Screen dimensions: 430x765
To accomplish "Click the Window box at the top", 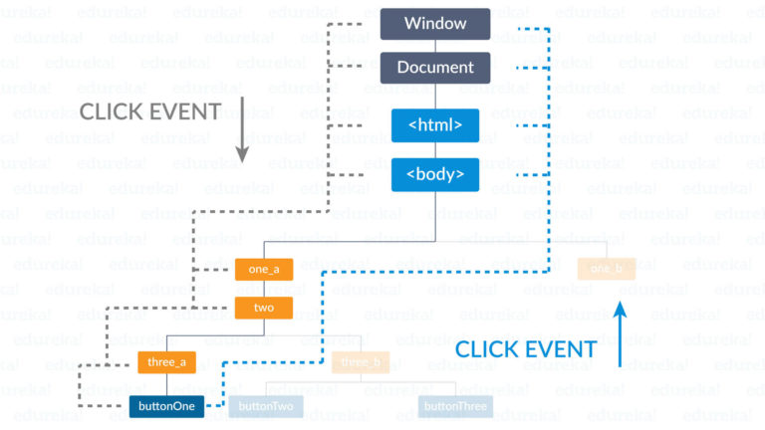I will pyautogui.click(x=434, y=24).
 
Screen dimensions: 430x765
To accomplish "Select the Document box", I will pyautogui.click(x=434, y=68).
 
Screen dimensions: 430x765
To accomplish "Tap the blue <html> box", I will pyautogui.click(x=434, y=125).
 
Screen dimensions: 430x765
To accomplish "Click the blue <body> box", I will pyautogui.click(x=434, y=174).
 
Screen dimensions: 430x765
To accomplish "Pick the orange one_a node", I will pyautogui.click(x=264, y=269).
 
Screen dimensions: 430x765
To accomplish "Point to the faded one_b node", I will pyautogui.click(x=606, y=269).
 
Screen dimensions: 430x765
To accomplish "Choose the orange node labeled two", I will pyautogui.click(x=264, y=308).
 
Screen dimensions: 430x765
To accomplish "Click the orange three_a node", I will pyautogui.click(x=166, y=362).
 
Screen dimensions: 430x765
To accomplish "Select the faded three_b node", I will pyautogui.click(x=361, y=362).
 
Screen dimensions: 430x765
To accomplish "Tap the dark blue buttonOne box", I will pyautogui.click(x=166, y=406).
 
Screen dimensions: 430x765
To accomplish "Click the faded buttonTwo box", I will pyautogui.click(x=266, y=406).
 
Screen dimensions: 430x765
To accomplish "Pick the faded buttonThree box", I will pyautogui.click(x=455, y=406).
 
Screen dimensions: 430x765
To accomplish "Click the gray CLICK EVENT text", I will pyautogui.click(x=149, y=110).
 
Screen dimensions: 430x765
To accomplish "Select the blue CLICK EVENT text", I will pyautogui.click(x=525, y=349).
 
